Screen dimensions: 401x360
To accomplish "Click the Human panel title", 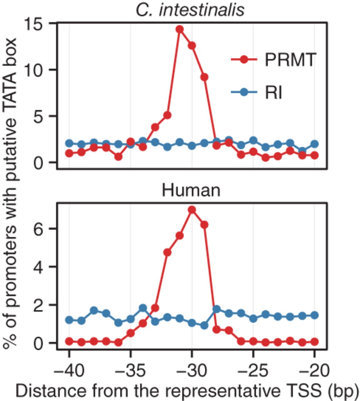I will [191, 190].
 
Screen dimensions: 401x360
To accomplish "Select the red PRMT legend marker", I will [244, 59].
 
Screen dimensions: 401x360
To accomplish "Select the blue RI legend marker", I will [244, 92].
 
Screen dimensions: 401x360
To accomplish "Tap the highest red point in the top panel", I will [179, 29].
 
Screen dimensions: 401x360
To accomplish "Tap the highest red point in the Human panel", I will [192, 210].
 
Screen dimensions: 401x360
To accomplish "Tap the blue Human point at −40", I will [69, 320].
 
